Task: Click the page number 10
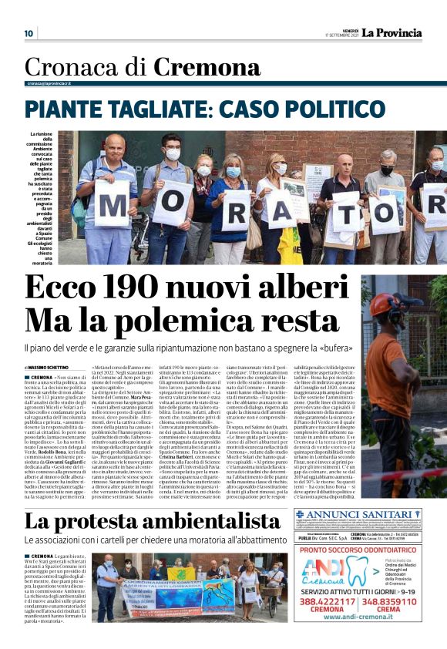pyautogui.click(x=29, y=33)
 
